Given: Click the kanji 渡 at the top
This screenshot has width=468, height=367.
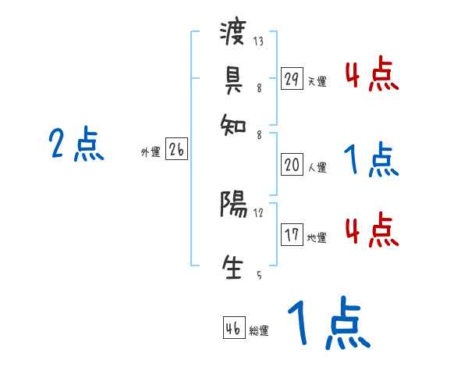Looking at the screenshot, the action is pos(234,34).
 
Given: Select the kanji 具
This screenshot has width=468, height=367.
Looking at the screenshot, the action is pos(234,78).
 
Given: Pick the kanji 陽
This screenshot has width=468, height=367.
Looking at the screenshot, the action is pos(234,206).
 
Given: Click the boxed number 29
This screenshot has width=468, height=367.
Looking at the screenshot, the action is pos(292,79).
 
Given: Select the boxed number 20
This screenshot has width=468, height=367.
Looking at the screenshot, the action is pos(292,165).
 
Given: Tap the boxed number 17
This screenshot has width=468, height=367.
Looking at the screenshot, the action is pos(292,235).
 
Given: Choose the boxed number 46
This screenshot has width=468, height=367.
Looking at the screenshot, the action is pos(233,329).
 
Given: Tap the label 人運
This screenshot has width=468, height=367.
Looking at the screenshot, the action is pos(317,167).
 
